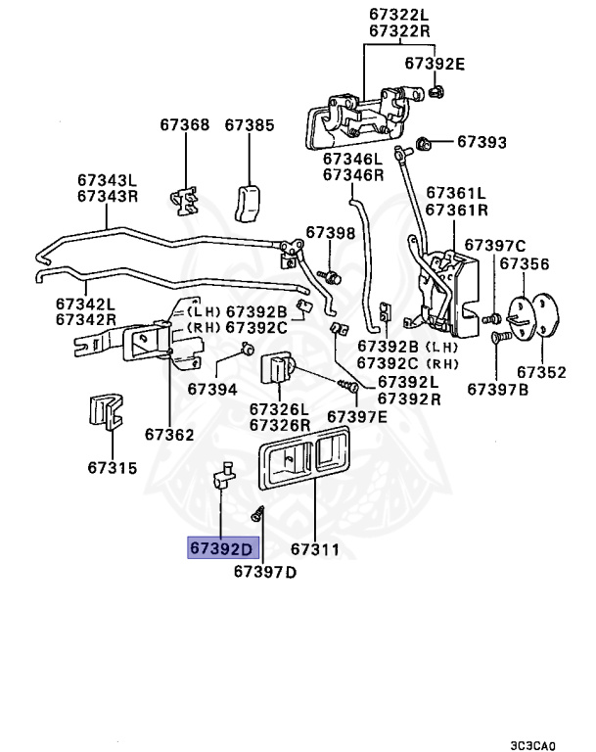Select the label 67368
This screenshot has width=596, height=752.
(185, 125)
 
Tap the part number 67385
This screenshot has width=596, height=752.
(250, 125)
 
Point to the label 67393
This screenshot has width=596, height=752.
(481, 143)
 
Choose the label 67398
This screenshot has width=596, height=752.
(330, 233)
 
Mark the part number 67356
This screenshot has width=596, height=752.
(525, 263)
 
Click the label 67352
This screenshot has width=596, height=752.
(541, 372)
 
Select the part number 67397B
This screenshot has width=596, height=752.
(497, 390)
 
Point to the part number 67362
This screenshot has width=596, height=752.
(169, 434)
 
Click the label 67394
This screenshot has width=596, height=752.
(213, 389)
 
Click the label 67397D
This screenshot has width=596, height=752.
(264, 572)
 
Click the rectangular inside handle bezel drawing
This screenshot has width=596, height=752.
(302, 465)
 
